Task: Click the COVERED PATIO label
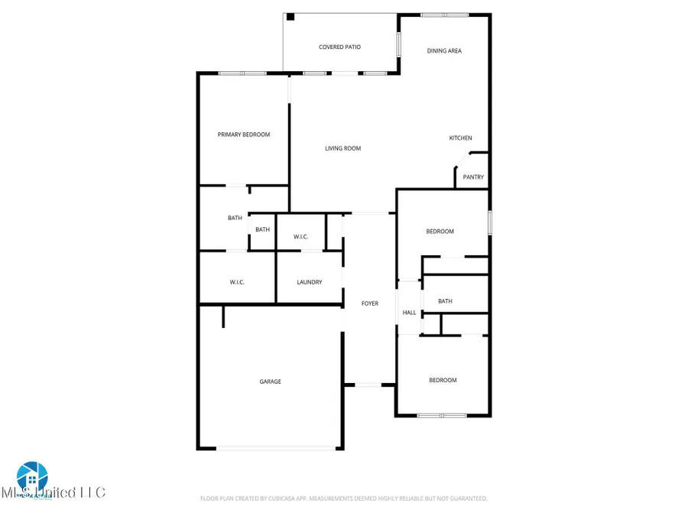point(339,47)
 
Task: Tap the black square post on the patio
point(290,17)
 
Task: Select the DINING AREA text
point(443,51)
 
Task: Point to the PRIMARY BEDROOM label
point(243,135)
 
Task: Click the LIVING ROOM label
point(342,148)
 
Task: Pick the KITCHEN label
point(460,138)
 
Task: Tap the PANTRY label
point(473,177)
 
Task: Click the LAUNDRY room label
point(309,282)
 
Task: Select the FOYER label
point(370,303)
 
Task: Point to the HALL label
point(410,313)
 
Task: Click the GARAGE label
point(270,381)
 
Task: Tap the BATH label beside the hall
point(445,301)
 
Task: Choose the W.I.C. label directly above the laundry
point(300,237)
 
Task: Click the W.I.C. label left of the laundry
point(237,282)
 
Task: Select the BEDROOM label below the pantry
point(440,232)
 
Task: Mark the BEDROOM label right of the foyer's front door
point(442,380)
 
